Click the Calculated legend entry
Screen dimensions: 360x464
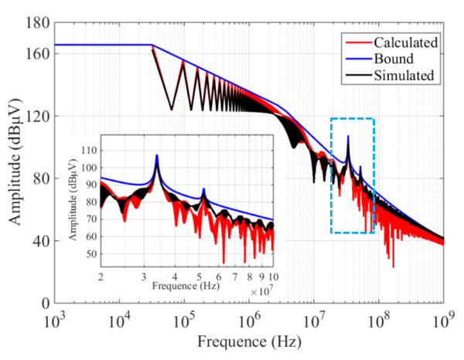(405, 42)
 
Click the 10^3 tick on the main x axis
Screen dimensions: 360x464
(54, 320)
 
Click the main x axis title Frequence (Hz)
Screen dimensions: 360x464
(248, 341)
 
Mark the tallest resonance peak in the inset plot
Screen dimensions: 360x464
(157, 157)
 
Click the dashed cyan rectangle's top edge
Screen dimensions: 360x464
(353, 119)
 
